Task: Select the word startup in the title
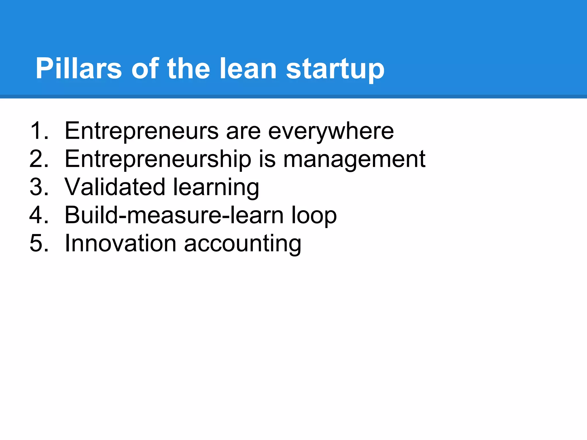point(335,69)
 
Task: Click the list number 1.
point(39,131)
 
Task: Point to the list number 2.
point(39,159)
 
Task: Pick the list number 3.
point(39,187)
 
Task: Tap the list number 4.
point(39,215)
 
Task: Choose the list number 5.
point(39,243)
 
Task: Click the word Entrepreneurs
point(142,131)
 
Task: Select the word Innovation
point(121,243)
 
